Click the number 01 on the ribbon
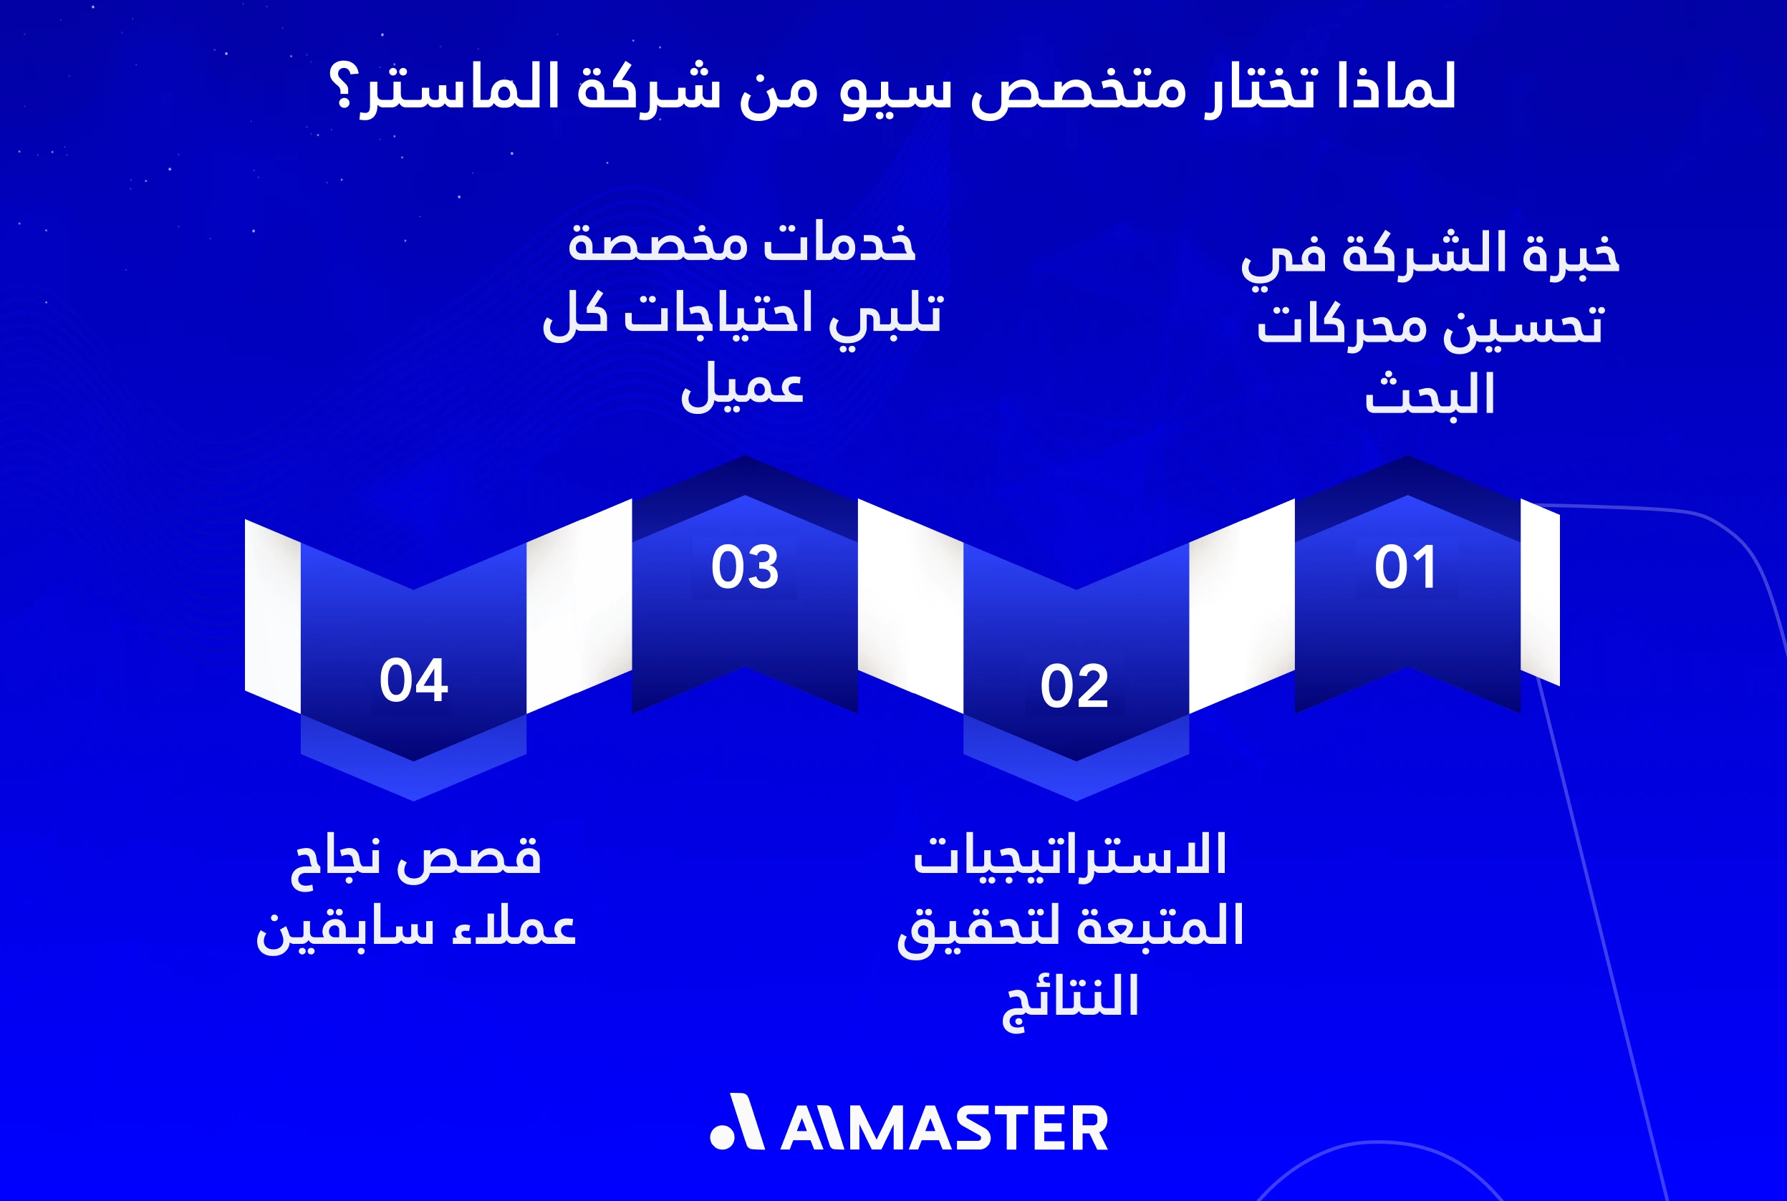point(1405,568)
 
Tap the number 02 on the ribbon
point(1074,686)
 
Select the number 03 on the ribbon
point(744,568)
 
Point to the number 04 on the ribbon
point(413,680)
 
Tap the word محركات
point(1342,327)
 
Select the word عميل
point(741,387)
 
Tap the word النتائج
point(1071,999)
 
